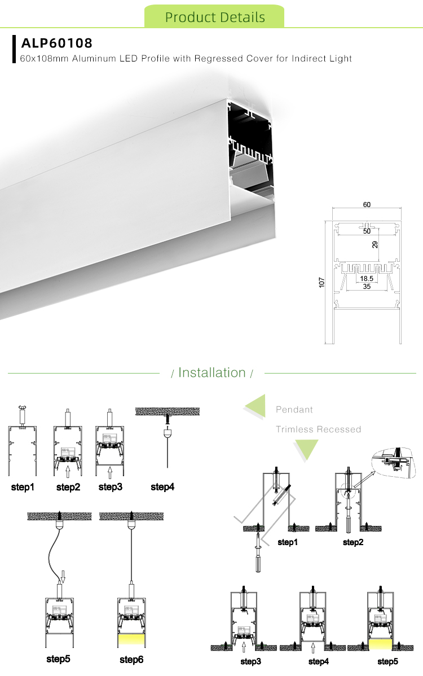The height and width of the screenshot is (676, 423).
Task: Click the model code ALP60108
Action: (x=56, y=43)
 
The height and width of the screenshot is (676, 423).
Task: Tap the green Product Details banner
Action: (x=214, y=17)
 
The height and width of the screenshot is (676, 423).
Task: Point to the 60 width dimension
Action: (x=367, y=205)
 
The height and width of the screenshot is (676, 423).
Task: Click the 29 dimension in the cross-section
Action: (x=374, y=244)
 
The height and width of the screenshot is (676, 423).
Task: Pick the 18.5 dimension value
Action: (x=367, y=279)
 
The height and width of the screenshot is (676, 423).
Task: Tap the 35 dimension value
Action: (x=367, y=286)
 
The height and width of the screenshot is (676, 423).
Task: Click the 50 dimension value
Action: (x=367, y=231)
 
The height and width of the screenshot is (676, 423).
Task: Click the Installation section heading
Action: (x=212, y=372)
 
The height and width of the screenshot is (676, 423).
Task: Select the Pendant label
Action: (x=294, y=410)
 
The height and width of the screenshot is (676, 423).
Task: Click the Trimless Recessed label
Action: (x=318, y=429)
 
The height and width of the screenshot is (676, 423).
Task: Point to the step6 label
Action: (x=131, y=659)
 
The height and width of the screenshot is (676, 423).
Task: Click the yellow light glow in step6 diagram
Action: (x=131, y=639)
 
